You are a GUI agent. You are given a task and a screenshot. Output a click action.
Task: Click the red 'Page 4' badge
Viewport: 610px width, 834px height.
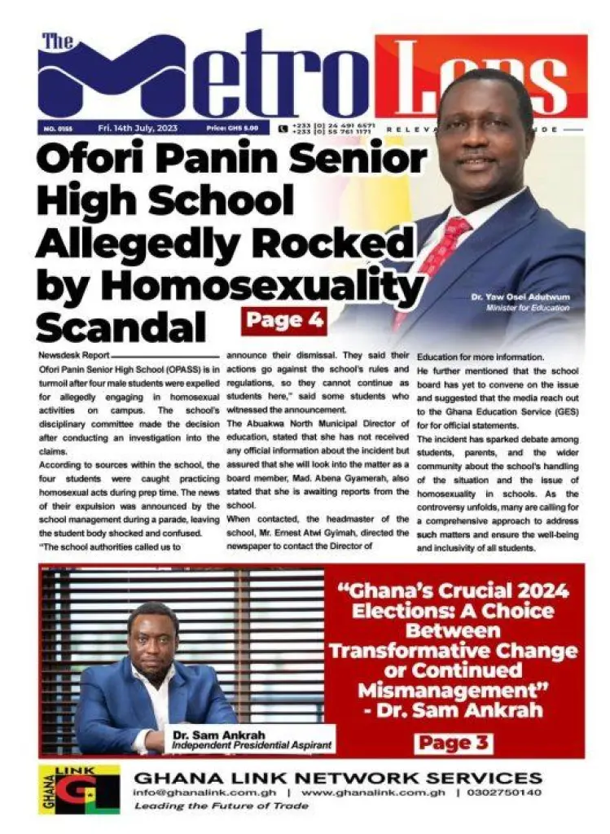284,320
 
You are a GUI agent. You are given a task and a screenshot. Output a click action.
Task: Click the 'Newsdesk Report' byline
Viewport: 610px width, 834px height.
72,357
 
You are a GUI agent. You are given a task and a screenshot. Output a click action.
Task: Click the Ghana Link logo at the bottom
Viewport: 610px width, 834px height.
78,789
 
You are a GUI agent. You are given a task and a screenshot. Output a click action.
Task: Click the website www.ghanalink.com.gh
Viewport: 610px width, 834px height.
373,792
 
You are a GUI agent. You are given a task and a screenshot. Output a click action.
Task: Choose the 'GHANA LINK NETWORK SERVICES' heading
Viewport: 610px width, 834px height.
337,776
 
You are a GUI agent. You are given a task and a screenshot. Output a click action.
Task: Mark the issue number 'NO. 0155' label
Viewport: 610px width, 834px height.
55,129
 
